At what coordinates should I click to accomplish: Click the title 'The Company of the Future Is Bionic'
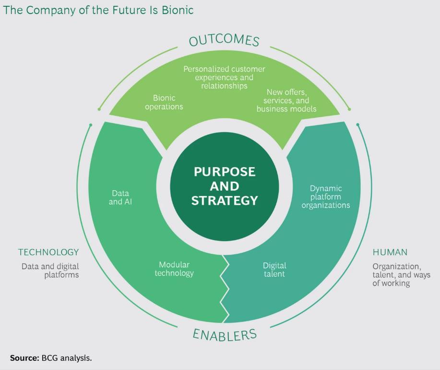click(98, 10)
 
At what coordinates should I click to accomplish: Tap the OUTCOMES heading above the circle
click(224, 40)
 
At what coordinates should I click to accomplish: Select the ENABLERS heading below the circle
click(225, 334)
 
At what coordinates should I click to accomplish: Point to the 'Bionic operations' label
click(164, 102)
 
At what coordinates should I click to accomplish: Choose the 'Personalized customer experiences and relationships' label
click(224, 77)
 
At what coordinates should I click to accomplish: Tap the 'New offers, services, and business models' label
click(286, 100)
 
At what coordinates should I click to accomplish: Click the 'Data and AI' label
click(120, 197)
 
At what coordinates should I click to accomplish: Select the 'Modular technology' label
click(174, 269)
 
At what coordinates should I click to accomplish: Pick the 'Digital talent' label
click(274, 270)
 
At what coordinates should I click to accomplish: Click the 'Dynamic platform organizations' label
click(326, 197)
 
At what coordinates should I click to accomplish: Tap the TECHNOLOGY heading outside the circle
click(48, 252)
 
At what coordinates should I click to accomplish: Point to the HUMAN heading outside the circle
click(390, 252)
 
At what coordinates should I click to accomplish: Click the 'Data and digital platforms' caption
click(50, 271)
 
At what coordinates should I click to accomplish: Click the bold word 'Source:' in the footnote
click(24, 358)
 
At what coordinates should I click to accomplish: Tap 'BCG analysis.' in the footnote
click(67, 358)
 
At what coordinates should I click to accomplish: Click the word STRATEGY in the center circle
click(225, 200)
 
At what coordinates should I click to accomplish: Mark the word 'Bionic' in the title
click(178, 10)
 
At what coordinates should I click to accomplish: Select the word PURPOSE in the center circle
click(225, 172)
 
